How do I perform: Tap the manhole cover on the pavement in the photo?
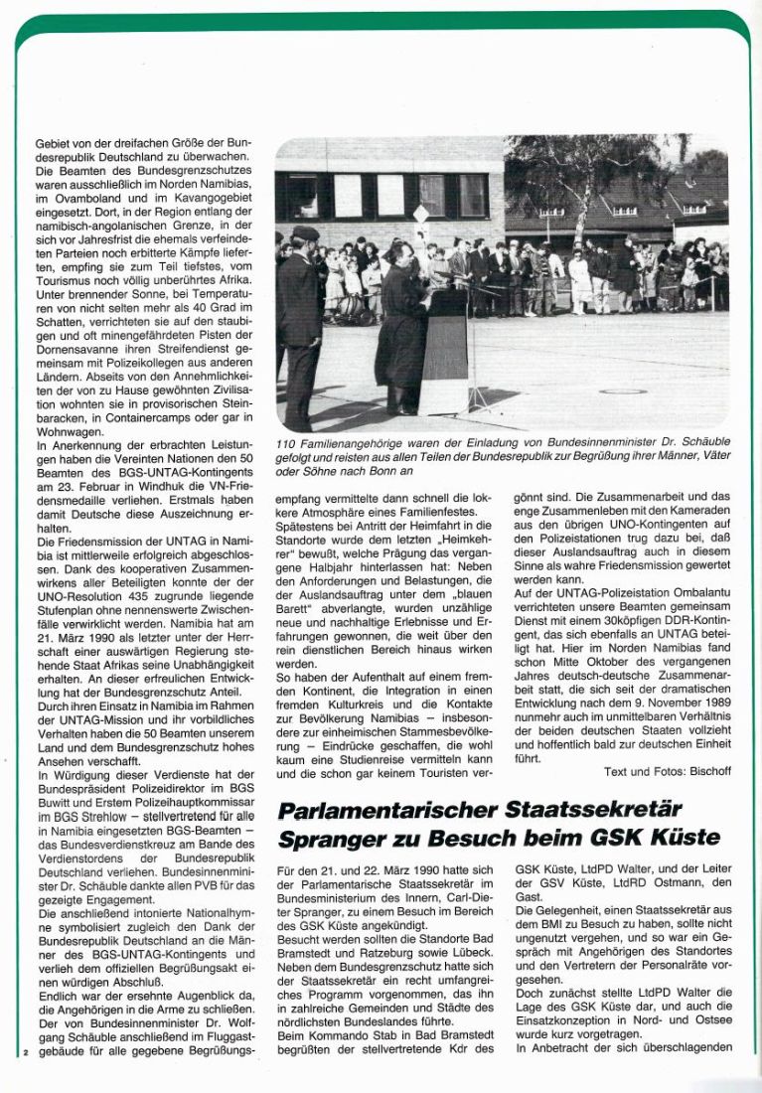[x=618, y=390]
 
